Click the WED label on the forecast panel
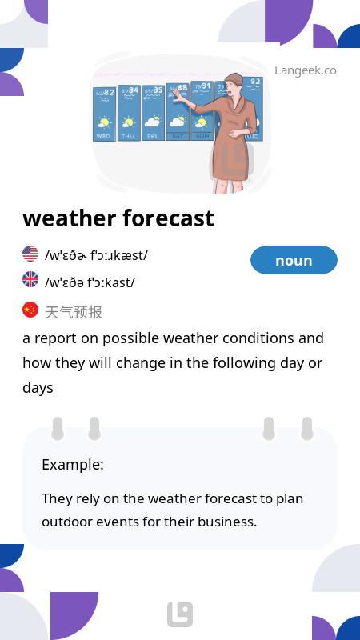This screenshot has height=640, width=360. tap(104, 136)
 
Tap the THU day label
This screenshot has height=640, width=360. tap(128, 136)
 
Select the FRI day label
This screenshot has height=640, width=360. tap(152, 136)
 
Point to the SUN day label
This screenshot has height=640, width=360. tap(202, 136)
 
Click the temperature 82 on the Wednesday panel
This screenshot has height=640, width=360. tap(109, 92)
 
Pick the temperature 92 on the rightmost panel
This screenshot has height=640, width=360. tap(256, 82)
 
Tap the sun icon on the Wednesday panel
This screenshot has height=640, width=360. tap(104, 122)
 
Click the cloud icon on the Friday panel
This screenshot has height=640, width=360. tap(153, 122)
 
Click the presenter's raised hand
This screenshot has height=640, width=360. tap(178, 95)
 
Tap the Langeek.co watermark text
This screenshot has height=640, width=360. tap(306, 70)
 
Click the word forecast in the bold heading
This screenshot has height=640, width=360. tap(168, 218)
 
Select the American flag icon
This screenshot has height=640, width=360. tap(30, 254)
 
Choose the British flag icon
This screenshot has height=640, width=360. tap(30, 279)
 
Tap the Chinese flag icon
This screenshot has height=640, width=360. tap(30, 310)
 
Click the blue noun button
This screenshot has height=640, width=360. tap(294, 260)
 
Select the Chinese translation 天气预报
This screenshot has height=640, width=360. tap(74, 312)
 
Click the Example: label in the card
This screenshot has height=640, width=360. tap(73, 465)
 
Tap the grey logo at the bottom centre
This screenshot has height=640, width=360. tap(180, 614)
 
